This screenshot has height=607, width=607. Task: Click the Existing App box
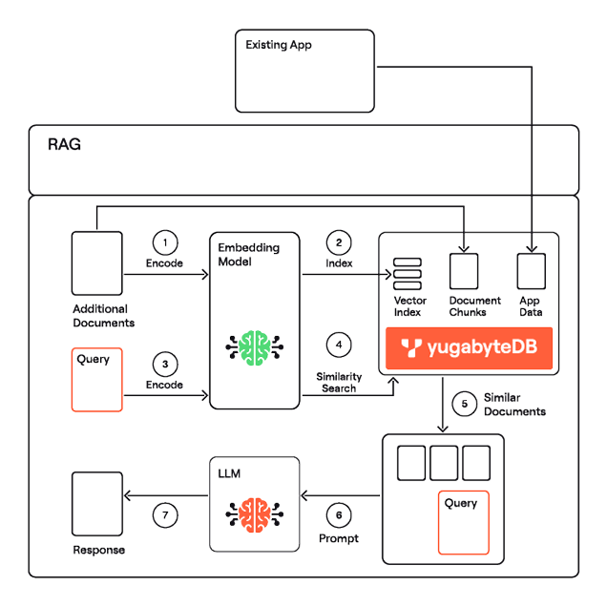304,72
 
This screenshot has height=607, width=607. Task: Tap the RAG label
65,146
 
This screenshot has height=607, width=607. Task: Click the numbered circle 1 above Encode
165,242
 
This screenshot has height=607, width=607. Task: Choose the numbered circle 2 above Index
339,243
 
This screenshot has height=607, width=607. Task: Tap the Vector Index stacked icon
408,276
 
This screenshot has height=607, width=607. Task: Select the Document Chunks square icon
466,271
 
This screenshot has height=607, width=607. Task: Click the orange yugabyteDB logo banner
468,348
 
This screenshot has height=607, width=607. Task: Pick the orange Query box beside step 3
97,380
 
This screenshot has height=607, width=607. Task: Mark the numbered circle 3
165,364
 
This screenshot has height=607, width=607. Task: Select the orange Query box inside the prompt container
463,521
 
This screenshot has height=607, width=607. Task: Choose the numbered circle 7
165,515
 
